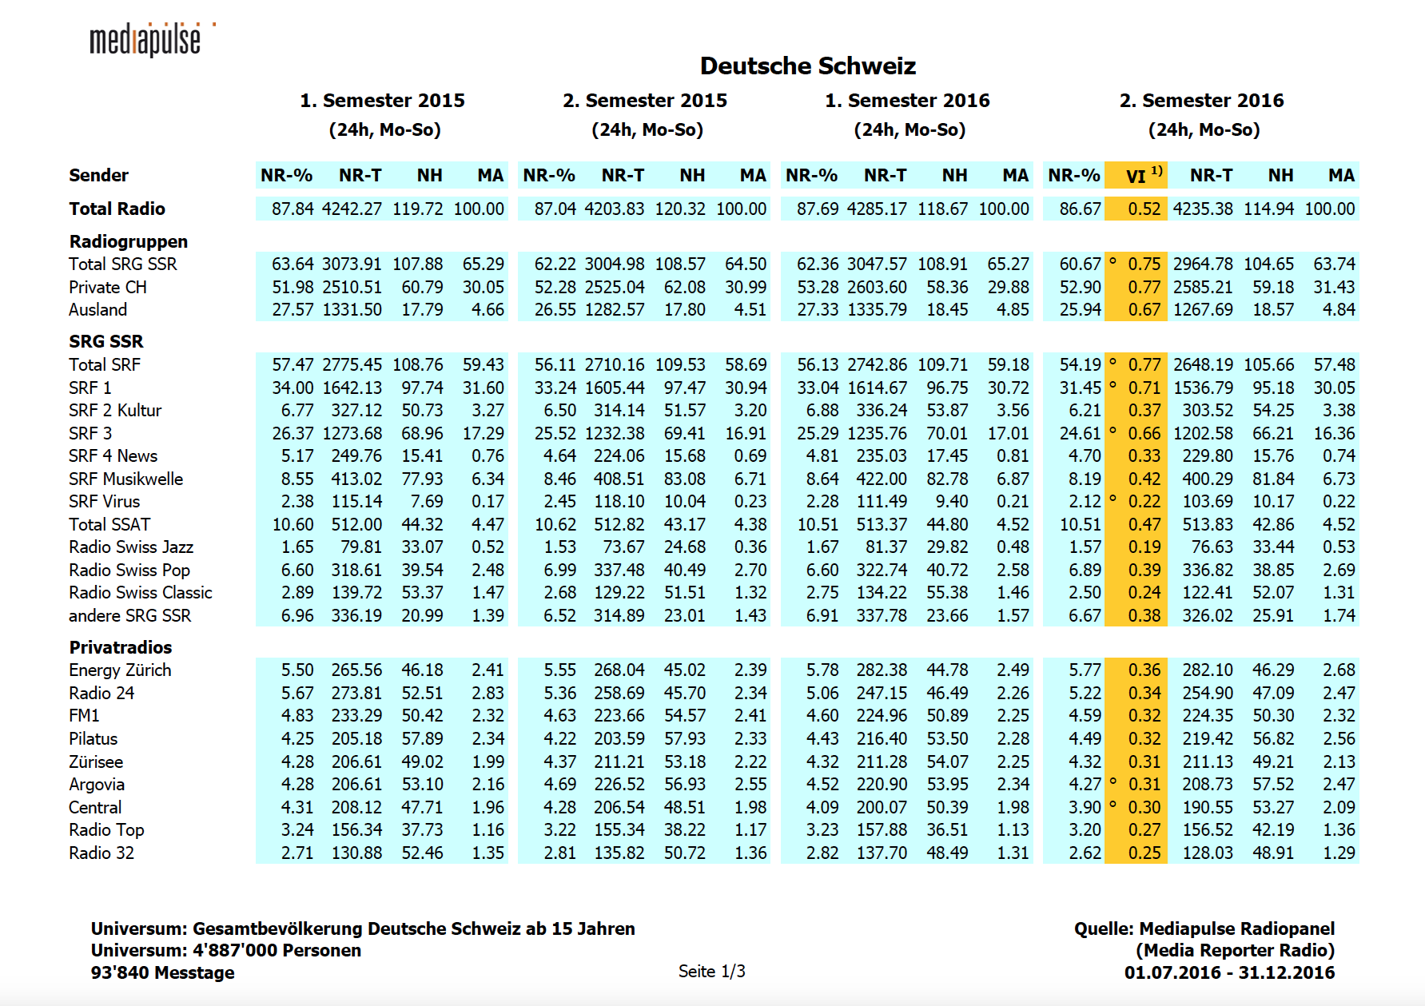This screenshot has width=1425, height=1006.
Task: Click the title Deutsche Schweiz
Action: [807, 66]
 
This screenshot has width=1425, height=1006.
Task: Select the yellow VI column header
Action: [1136, 176]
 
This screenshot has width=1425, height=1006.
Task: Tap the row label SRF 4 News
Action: [113, 455]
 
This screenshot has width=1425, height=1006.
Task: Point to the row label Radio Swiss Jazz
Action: [131, 547]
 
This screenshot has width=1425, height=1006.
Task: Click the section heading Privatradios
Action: [120, 647]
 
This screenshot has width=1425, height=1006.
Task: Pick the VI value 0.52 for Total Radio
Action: [1144, 209]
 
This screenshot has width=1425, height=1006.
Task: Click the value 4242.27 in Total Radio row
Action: [352, 209]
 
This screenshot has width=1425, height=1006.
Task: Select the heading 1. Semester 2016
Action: [907, 101]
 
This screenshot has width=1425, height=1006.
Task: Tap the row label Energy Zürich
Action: [120, 670]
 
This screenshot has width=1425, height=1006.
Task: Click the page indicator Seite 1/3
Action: [711, 972]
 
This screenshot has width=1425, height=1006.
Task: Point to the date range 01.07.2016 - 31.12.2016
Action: [1229, 972]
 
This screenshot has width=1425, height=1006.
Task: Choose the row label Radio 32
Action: [102, 853]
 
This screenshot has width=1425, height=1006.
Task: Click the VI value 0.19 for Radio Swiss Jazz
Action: [1144, 547]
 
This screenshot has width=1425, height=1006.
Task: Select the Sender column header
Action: [98, 176]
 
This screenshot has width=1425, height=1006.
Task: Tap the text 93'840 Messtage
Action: [162, 972]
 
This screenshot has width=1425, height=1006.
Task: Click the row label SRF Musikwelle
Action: [125, 479]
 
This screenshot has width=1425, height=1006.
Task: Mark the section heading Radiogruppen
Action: [128, 241]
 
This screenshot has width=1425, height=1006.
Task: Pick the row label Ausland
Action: [98, 310]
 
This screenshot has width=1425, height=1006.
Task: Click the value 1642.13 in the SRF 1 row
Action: [352, 388]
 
